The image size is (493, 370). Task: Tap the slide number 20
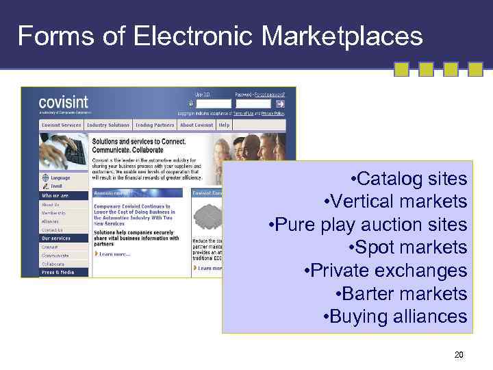459,355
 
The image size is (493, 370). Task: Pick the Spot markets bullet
408,247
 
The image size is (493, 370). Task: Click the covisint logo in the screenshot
63,103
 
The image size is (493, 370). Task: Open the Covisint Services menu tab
61,125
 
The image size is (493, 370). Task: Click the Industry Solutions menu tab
108,125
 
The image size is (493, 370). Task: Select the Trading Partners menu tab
154,125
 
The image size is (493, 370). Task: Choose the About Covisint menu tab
196,125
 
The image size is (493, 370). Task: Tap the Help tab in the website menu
224,125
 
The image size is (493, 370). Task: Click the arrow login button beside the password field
280,103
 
